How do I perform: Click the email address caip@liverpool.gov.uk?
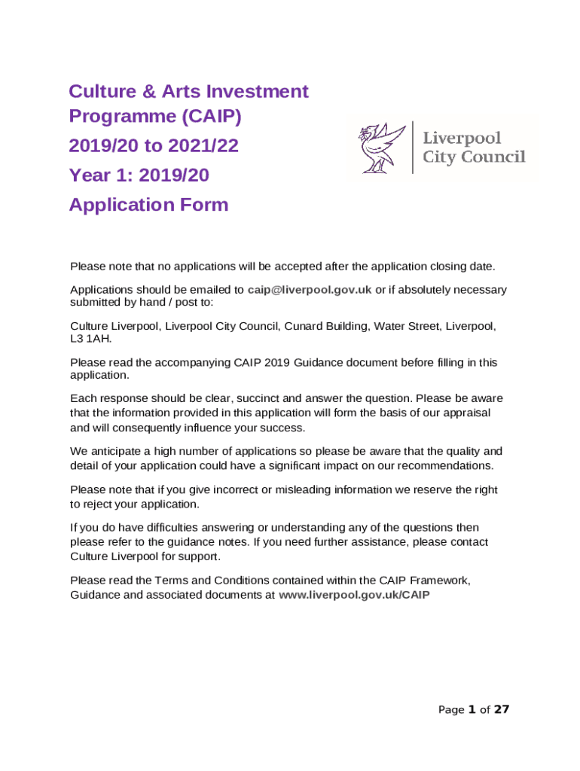(309, 290)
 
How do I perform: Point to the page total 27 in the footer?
(502, 709)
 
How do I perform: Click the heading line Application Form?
(148, 205)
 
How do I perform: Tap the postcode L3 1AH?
(90, 339)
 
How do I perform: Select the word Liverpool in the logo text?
(462, 139)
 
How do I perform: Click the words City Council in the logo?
(474, 157)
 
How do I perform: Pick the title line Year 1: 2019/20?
(139, 176)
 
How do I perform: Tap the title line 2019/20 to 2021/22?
(154, 146)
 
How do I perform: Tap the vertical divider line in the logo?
(412, 148)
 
